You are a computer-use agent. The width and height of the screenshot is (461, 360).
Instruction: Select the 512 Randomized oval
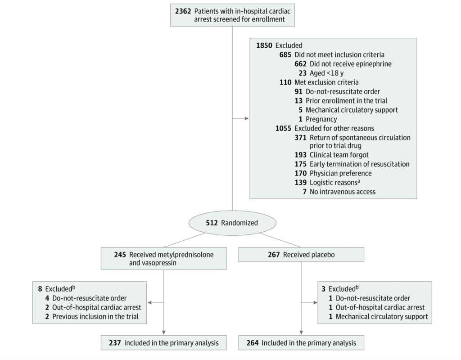(x=232, y=223)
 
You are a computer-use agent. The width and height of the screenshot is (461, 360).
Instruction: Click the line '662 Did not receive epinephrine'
(x=343, y=64)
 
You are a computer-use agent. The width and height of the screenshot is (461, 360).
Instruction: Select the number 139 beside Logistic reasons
(x=300, y=182)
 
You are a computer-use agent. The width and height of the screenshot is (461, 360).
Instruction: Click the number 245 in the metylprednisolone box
(x=119, y=255)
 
